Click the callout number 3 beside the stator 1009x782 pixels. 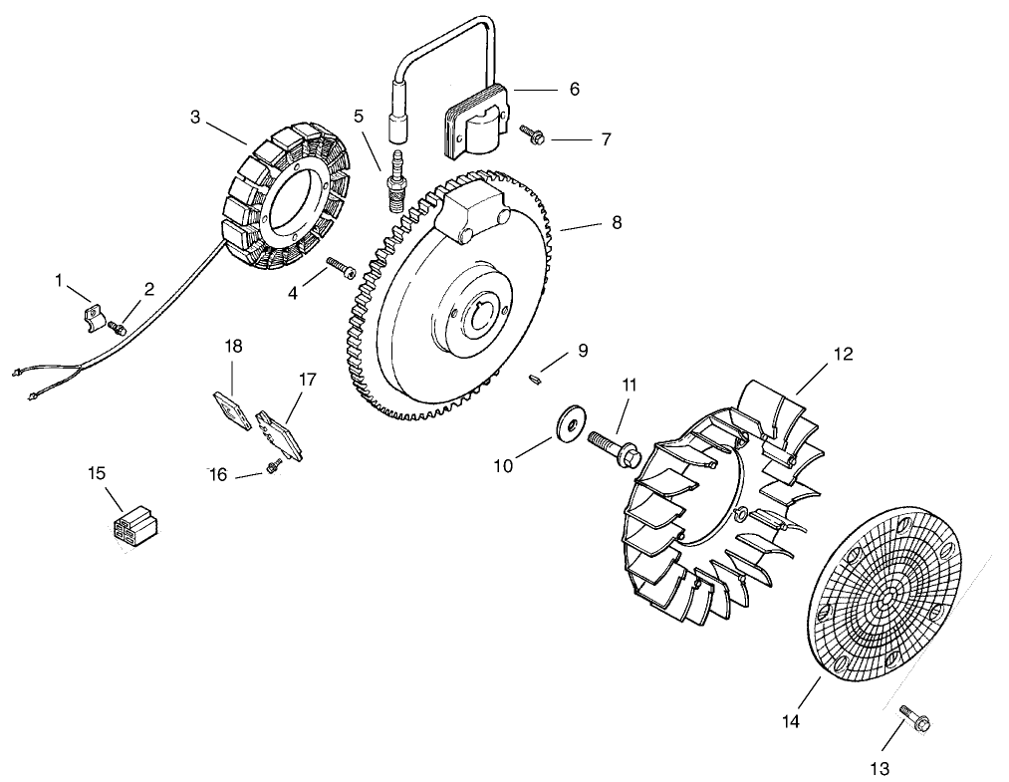pyautogui.click(x=195, y=117)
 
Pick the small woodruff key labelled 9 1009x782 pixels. pyautogui.click(x=535, y=377)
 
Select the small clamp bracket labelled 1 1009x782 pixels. pyautogui.click(x=92, y=316)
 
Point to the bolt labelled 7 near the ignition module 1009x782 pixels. pyautogui.click(x=530, y=132)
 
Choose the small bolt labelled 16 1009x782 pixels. pyautogui.click(x=271, y=469)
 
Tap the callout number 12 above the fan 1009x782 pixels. pyautogui.click(x=844, y=354)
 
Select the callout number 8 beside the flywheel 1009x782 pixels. pyautogui.click(x=617, y=222)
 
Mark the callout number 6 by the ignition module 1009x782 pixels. pyautogui.click(x=575, y=88)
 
